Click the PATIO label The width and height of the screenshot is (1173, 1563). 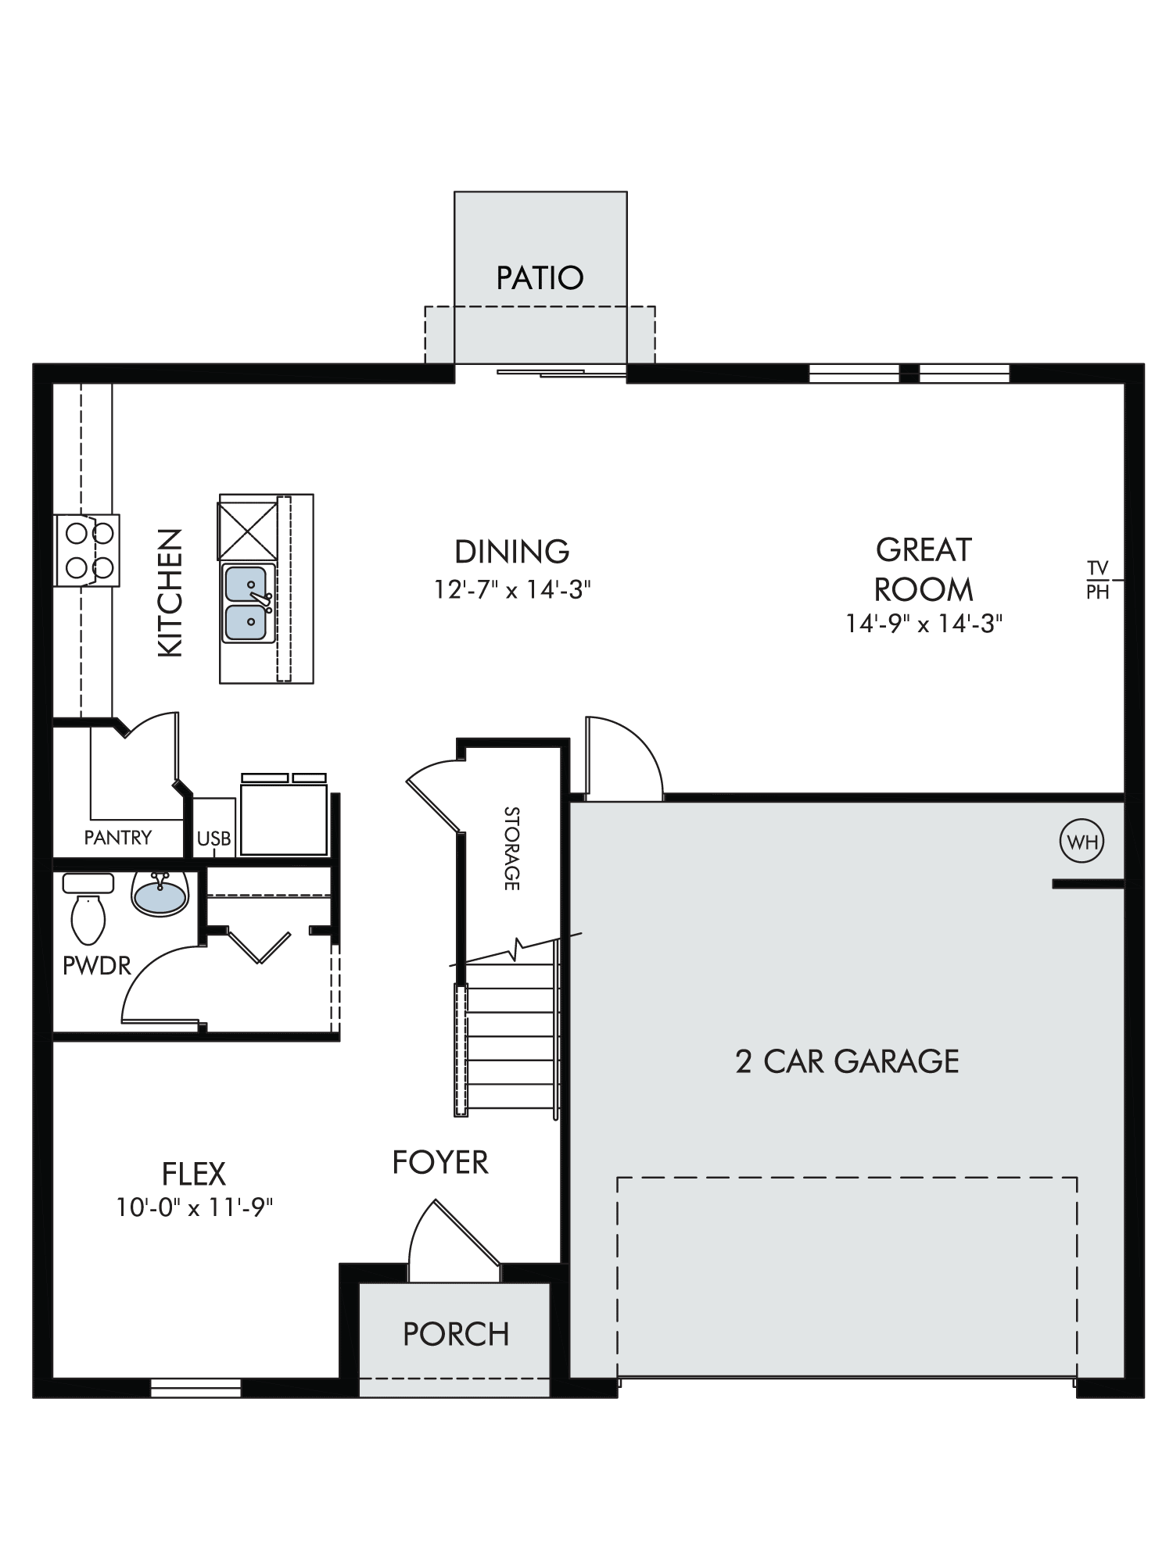pos(540,277)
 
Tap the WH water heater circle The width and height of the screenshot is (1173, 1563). pos(1082,842)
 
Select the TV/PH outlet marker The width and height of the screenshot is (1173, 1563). pos(1099,580)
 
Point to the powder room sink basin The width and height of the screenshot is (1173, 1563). pos(161,894)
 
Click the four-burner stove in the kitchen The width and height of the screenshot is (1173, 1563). pos(87,550)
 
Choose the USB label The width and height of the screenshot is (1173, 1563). pos(213,839)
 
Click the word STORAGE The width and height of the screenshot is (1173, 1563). pos(511,848)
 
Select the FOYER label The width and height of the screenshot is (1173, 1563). pos(440,1162)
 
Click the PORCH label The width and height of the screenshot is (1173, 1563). pos(456,1334)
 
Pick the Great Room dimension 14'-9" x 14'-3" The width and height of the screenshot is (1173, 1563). pos(924,624)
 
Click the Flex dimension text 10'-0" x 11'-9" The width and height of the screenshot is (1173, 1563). pos(195,1207)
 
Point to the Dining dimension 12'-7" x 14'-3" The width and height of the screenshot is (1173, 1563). pos(512,589)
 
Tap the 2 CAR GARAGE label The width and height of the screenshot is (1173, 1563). pos(847,1061)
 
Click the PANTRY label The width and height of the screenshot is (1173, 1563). pos(118,838)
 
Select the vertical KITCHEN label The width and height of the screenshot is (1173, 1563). pos(170,592)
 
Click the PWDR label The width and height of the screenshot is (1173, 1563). pos(97,966)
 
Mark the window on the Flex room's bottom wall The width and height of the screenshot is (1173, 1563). pos(195,1388)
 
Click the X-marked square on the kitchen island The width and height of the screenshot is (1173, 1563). pos(247,531)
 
